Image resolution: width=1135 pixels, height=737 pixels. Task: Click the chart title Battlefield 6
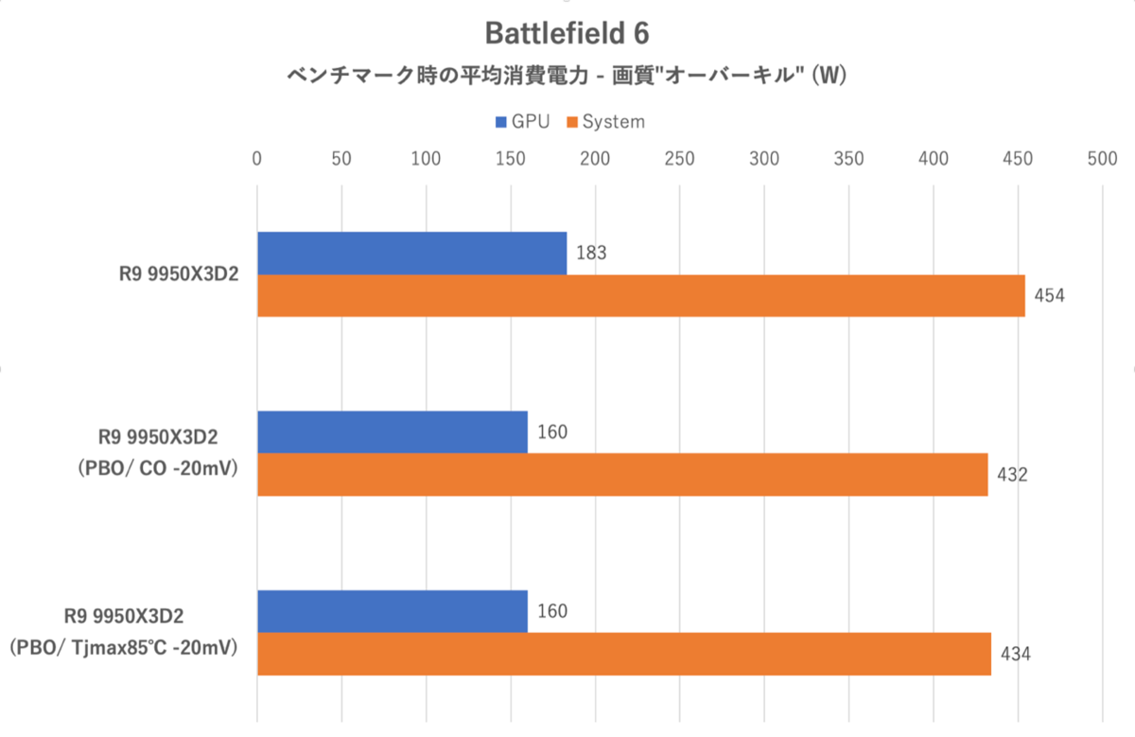click(567, 33)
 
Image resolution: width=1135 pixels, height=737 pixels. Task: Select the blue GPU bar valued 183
click(412, 254)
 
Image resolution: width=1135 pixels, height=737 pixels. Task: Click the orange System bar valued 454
click(641, 296)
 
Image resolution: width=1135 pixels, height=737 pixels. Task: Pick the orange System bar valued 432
click(622, 474)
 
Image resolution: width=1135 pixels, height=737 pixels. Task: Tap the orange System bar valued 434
click(624, 654)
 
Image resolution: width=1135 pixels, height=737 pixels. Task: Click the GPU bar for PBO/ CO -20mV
click(393, 432)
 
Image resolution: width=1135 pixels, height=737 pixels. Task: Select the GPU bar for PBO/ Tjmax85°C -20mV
click(393, 612)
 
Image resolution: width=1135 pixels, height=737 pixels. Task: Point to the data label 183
click(591, 253)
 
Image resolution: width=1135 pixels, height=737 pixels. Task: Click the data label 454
click(1049, 295)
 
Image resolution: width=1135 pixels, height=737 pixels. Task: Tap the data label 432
click(1012, 474)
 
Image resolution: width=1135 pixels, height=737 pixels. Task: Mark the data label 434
click(1016, 654)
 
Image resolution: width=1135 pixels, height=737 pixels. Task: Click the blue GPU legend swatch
click(500, 122)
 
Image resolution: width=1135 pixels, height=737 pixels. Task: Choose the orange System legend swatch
click(572, 122)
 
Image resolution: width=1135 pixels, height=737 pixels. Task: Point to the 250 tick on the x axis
click(679, 159)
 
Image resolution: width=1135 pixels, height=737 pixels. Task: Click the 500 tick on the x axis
click(1102, 159)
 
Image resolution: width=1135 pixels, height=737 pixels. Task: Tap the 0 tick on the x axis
click(257, 159)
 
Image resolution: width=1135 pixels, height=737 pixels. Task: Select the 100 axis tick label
click(426, 159)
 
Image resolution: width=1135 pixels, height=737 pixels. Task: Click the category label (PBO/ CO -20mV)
click(158, 468)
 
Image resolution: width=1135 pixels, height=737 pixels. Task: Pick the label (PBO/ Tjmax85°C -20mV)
click(124, 648)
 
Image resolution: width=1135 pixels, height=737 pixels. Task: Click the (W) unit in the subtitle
click(829, 76)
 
